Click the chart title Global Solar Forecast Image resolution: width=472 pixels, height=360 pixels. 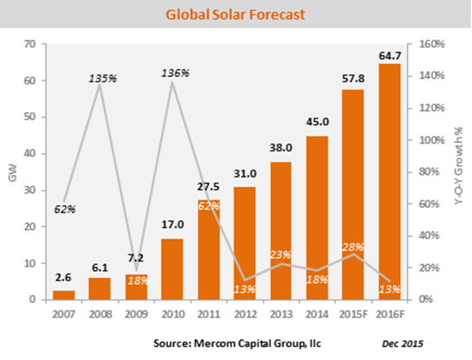(x=236, y=15)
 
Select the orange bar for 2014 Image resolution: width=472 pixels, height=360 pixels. (x=317, y=218)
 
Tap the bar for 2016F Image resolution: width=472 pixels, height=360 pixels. (x=390, y=182)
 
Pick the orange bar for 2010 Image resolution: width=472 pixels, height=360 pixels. (x=172, y=269)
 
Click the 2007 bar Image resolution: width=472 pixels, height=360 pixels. (x=63, y=295)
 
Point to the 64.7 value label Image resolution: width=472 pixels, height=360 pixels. (x=390, y=55)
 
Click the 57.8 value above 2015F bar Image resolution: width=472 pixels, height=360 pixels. (x=353, y=79)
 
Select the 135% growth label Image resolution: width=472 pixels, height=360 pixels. (x=103, y=79)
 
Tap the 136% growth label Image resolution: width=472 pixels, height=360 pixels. (x=176, y=73)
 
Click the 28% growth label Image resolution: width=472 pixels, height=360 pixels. (x=352, y=247)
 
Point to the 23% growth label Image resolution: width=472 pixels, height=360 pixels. (x=281, y=254)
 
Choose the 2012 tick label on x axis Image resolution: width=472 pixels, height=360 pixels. (x=245, y=314)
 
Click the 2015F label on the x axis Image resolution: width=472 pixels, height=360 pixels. (x=353, y=314)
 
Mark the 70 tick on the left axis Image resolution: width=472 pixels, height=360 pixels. (x=29, y=44)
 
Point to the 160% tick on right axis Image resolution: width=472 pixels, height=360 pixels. (x=432, y=44)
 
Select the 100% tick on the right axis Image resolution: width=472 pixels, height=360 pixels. (x=432, y=140)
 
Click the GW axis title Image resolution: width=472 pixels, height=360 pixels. (x=13, y=173)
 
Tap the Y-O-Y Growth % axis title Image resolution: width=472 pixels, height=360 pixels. (x=458, y=166)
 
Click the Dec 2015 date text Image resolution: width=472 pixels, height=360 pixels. (x=403, y=344)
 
